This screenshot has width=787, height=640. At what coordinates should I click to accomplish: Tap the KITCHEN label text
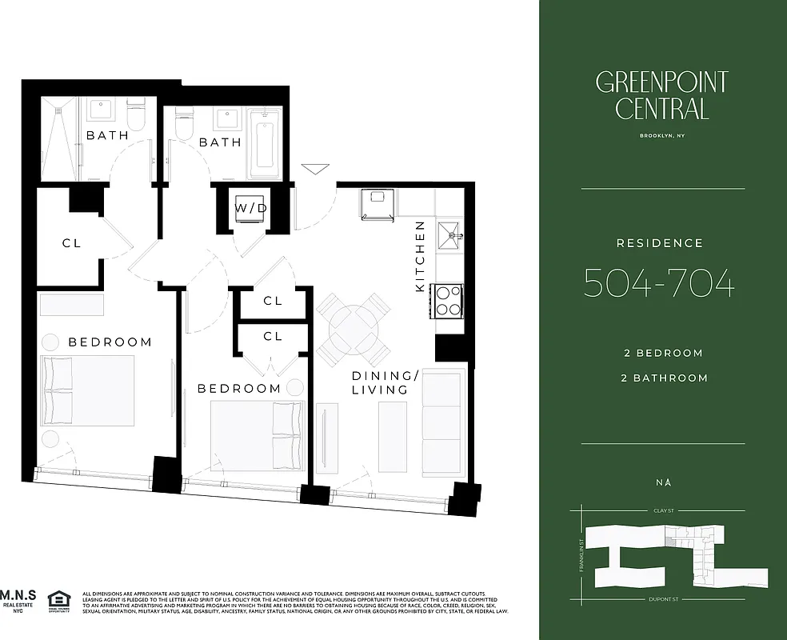[x=419, y=256]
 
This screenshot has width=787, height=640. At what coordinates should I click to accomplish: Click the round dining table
[x=354, y=328]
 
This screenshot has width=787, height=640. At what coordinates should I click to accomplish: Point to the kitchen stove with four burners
[x=449, y=302]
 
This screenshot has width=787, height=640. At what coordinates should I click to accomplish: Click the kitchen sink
[x=449, y=233]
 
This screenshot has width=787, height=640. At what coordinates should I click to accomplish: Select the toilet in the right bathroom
[x=185, y=125]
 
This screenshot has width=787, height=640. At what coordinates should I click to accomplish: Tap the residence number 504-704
[x=659, y=282]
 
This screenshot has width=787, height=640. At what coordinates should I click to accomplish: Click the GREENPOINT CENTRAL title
[x=661, y=94]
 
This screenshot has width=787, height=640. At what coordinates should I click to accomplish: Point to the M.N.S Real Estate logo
[x=18, y=601]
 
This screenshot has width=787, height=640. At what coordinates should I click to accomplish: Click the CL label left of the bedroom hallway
[x=72, y=243]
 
